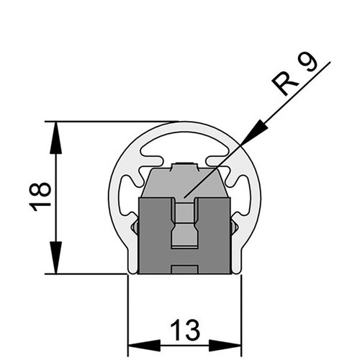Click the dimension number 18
point(40,197)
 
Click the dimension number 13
point(185,330)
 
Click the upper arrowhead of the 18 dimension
point(55,138)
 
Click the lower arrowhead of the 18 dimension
point(55,258)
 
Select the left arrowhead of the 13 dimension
point(144,346)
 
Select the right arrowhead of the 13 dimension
point(225,346)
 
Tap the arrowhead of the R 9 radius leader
point(255,132)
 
